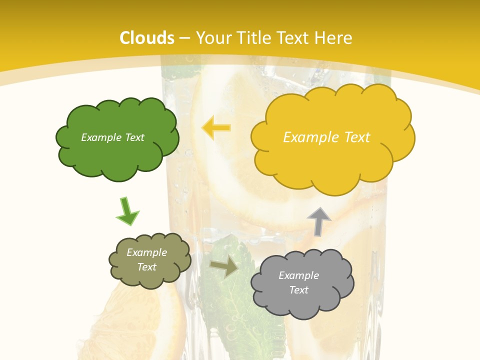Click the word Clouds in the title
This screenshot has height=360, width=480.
click(147, 38)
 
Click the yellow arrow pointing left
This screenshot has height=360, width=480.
click(216, 127)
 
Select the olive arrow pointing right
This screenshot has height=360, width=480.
click(224, 267)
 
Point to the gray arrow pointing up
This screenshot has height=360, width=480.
click(319, 221)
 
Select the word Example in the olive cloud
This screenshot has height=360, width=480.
click(146, 252)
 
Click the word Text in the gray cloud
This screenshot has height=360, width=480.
click(299, 290)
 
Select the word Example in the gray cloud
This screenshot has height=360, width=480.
click(298, 275)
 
